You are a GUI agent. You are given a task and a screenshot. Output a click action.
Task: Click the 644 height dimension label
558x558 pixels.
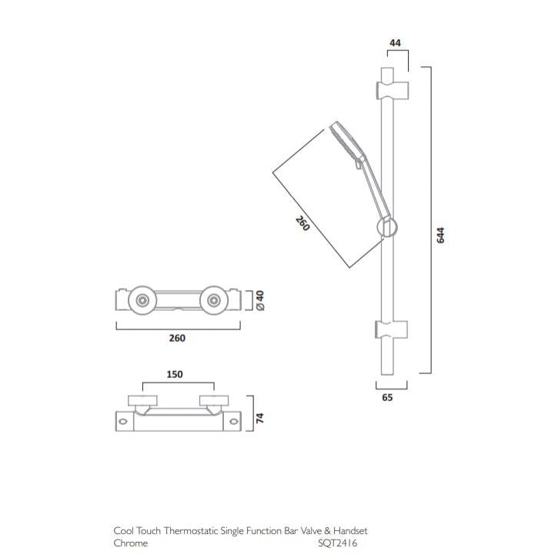pos(441,235)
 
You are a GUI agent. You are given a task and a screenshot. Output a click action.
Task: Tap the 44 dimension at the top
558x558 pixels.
pos(396,44)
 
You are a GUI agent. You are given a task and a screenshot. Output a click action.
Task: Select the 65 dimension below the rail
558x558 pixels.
pos(387,398)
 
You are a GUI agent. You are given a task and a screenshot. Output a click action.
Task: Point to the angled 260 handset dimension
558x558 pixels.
pos(302,224)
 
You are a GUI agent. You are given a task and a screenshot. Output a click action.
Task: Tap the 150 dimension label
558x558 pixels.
pos(176,374)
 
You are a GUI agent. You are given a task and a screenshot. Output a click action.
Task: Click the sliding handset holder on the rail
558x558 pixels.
pos(387,227)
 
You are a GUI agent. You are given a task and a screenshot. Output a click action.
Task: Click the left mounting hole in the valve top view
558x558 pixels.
pos(123,420)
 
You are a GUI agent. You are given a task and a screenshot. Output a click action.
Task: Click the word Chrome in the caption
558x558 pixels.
pos(130,543)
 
